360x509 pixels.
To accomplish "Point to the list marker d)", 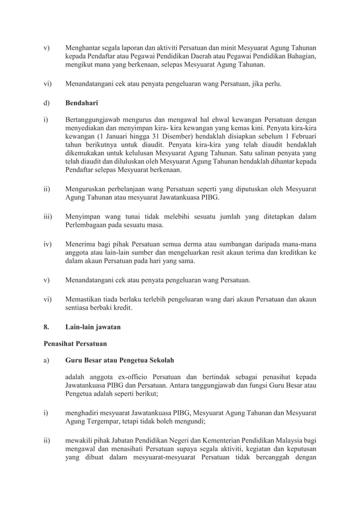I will pos(47,104).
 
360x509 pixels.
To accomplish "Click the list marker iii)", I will pos(49,216).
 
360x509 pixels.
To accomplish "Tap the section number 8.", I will pos(46,327).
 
